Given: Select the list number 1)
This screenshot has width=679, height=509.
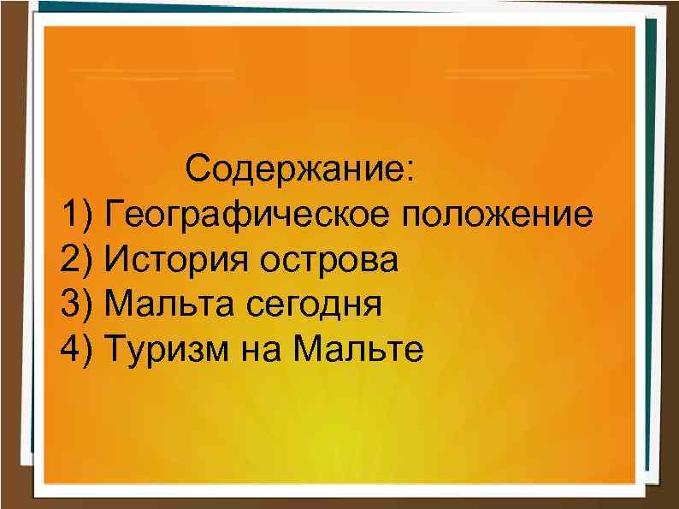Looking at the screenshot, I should coord(80,213).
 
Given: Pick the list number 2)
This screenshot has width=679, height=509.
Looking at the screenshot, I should coord(80,258).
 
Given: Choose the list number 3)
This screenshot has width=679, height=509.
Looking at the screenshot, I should coord(80,303).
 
